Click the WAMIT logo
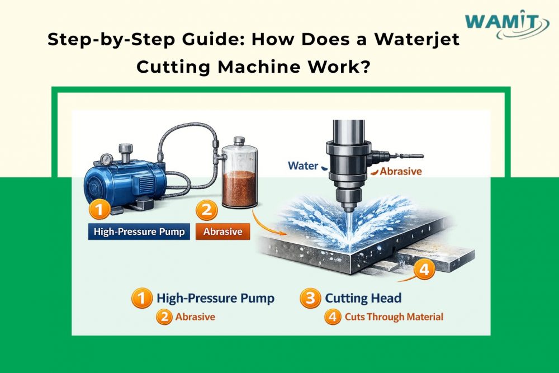click(499, 26)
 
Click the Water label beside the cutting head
click(303, 166)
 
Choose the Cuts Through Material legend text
click(394, 317)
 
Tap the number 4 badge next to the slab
click(424, 270)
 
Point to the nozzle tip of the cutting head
click(348, 208)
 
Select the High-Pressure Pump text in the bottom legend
click(215, 298)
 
